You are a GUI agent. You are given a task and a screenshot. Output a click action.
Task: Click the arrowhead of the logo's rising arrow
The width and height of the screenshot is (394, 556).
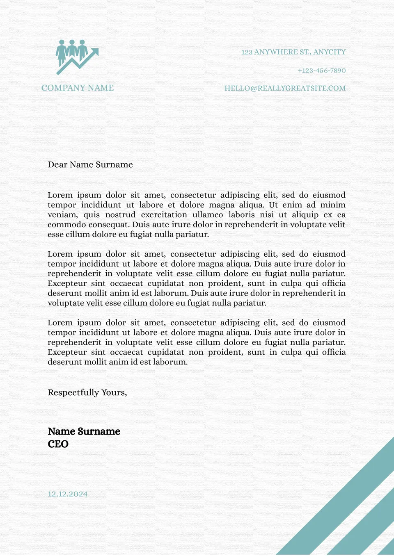click(x=95, y=52)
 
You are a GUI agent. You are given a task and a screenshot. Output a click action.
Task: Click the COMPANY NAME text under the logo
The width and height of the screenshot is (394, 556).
click(x=78, y=88)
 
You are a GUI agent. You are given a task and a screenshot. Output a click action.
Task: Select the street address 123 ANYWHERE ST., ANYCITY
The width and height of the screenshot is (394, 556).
click(x=293, y=52)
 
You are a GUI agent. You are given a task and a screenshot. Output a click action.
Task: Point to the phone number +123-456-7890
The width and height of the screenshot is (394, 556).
click(x=321, y=71)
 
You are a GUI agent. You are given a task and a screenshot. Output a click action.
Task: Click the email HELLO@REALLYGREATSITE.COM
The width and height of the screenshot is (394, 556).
click(x=285, y=88)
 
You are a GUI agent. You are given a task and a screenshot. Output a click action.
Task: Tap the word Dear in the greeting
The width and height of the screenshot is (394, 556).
click(x=57, y=165)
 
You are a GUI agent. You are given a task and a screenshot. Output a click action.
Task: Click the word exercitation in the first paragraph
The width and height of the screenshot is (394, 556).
click(x=164, y=215)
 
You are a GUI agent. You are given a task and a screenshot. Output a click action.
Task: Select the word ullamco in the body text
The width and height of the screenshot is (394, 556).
click(x=208, y=215)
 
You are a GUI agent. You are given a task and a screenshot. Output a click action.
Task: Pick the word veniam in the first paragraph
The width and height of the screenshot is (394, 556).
click(x=62, y=215)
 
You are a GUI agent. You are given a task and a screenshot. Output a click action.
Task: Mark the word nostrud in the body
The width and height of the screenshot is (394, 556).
click(x=120, y=215)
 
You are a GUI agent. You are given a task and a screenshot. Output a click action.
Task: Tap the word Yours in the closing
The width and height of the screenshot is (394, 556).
click(x=114, y=393)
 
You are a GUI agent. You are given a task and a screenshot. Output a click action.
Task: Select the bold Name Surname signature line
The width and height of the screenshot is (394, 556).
click(x=84, y=431)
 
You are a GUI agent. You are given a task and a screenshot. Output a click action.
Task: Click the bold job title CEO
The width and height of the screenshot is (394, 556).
click(x=58, y=444)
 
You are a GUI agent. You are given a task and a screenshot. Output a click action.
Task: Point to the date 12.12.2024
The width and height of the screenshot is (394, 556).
click(x=67, y=494)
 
